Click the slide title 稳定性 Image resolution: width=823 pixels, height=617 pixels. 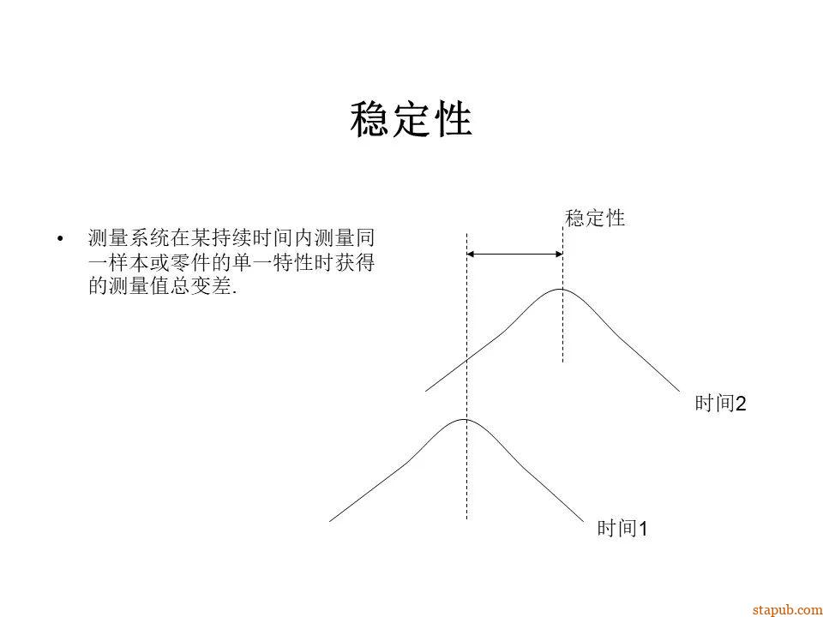click(411, 121)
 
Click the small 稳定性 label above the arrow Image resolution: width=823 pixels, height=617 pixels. click(595, 219)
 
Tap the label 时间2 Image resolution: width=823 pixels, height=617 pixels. click(720, 404)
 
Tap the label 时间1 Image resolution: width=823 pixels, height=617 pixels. click(622, 530)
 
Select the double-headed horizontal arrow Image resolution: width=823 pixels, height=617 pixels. click(514, 254)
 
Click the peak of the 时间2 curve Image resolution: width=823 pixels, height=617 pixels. click(562, 290)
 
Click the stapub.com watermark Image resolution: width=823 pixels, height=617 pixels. click(786, 609)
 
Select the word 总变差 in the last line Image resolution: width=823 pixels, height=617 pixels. click(203, 287)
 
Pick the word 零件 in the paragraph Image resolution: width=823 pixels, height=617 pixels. click(194, 262)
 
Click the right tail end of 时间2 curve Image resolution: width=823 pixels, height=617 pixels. click(678, 391)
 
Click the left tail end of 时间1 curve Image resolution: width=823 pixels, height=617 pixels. click(331, 520)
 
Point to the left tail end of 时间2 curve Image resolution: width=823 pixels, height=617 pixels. click(427, 391)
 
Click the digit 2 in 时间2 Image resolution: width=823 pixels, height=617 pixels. click(742, 404)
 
